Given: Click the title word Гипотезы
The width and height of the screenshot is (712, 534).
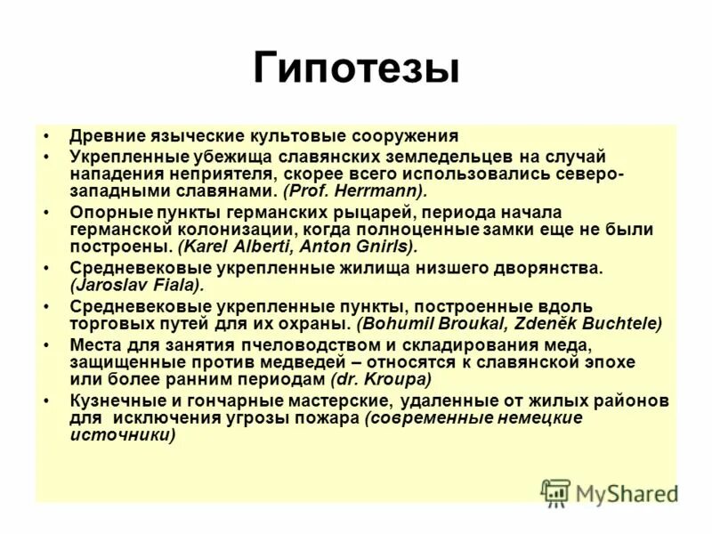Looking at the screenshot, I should click(356, 69).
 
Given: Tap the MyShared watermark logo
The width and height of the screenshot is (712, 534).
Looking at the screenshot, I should click(609, 492).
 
